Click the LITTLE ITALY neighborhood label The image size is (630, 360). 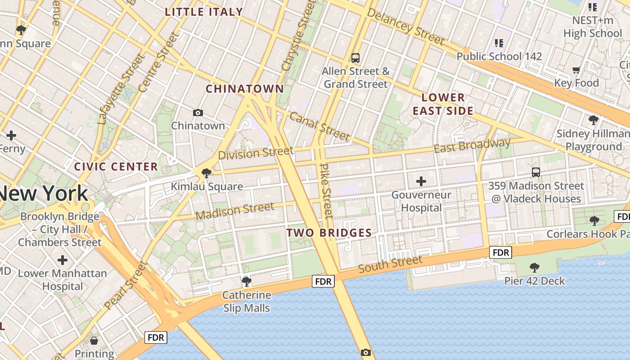click(x=204, y=12)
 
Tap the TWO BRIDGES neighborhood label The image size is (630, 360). click(x=329, y=233)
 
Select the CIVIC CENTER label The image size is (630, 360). click(x=116, y=167)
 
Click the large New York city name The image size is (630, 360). click(x=44, y=193)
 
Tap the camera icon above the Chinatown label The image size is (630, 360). click(x=198, y=112)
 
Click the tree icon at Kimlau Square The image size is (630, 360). click(x=207, y=173)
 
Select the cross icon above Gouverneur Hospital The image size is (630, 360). click(x=421, y=181)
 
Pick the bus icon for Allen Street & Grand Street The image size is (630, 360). click(x=355, y=58)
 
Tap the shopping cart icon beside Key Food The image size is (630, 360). click(x=576, y=70)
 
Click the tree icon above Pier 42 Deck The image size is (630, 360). click(x=534, y=268)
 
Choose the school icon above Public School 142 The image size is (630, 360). click(x=499, y=43)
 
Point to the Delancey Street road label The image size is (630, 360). click(x=405, y=27)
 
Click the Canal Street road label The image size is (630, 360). click(x=319, y=126)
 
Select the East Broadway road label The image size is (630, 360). click(x=472, y=145)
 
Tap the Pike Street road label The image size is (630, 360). click(x=326, y=191)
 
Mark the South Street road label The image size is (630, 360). click(x=390, y=263)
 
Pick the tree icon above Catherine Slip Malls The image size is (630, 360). click(x=246, y=282)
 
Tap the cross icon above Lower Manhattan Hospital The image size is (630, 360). click(x=63, y=260)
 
